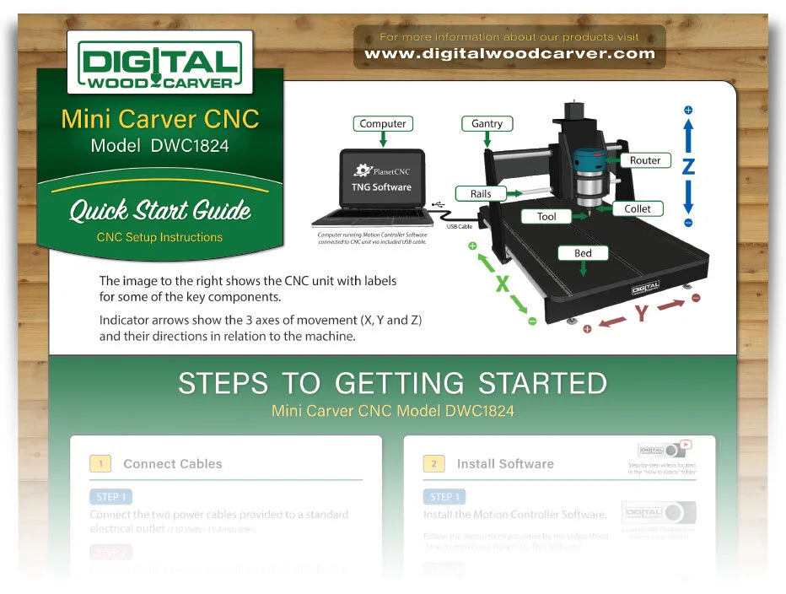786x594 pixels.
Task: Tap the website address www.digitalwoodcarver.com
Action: [509, 54]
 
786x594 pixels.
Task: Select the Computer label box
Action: [383, 124]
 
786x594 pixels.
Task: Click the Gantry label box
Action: [487, 124]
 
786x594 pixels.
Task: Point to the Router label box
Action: [645, 160]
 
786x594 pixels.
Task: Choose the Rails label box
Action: [481, 193]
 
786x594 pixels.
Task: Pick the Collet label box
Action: [638, 208]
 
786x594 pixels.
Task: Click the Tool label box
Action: [546, 217]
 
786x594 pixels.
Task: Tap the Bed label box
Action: [583, 253]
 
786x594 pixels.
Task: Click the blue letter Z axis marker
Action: [688, 167]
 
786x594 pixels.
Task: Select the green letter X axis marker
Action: [502, 283]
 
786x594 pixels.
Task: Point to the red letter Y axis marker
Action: [642, 314]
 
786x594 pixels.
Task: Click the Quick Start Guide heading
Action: [160, 210]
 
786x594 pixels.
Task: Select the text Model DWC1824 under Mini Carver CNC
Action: [159, 146]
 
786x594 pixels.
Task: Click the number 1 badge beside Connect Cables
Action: [101, 464]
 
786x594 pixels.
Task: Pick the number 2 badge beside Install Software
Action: [434, 464]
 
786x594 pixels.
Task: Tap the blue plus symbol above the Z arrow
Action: [688, 111]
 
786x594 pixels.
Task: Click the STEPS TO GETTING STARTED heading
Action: [392, 384]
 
